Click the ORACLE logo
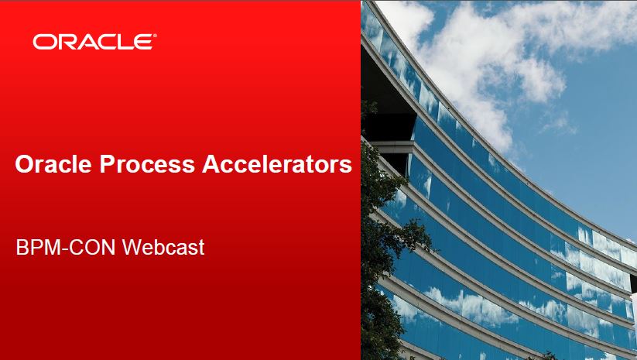click(x=94, y=42)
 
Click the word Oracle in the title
click(x=53, y=164)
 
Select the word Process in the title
click(x=147, y=164)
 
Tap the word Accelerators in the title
click(x=277, y=164)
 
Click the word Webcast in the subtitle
click(x=163, y=247)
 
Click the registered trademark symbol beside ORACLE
click(x=154, y=36)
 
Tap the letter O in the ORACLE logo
click(x=42, y=43)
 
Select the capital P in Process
click(x=107, y=164)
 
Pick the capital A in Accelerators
click(x=211, y=164)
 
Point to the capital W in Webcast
click(x=132, y=247)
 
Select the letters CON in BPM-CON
click(x=94, y=247)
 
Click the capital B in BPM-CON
click(x=22, y=247)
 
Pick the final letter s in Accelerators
click(x=347, y=166)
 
